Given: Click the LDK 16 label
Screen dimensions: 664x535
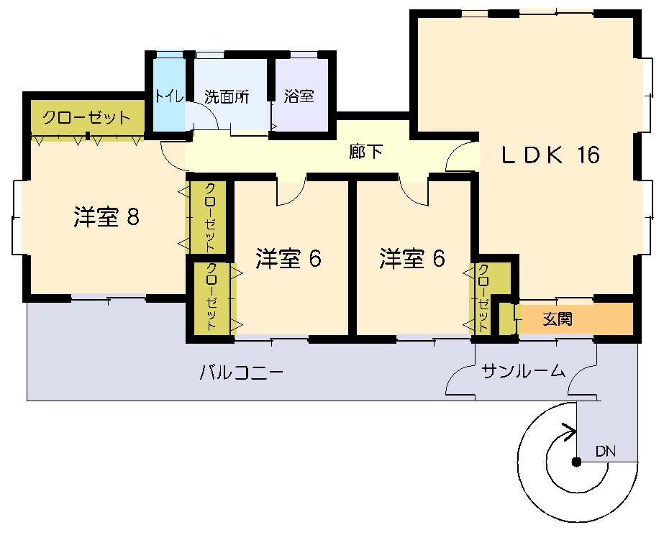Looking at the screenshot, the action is coord(550,155).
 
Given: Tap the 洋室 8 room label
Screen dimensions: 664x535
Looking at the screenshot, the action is coord(106,217).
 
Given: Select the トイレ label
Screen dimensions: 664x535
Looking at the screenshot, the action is coord(169,96).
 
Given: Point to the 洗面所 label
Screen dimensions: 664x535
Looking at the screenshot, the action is coord(227,97).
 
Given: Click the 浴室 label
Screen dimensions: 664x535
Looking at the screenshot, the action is coord(299,96).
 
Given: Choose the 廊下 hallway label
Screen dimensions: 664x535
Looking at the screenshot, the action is coord(366,152).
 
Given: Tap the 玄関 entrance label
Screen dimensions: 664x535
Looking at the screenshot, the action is coord(558,319).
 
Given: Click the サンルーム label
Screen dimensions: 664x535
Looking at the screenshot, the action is coord(524,371).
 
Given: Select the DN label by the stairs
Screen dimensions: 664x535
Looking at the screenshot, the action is coord(606,451).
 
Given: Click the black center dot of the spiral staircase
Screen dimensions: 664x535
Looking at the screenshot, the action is coord(576,462).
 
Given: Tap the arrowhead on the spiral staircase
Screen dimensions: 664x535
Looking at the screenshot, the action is coord(570,432).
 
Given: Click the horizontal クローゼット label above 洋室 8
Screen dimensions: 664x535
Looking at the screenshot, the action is coord(86,117).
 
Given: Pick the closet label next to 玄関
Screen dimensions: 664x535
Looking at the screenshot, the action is coord(483,298).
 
